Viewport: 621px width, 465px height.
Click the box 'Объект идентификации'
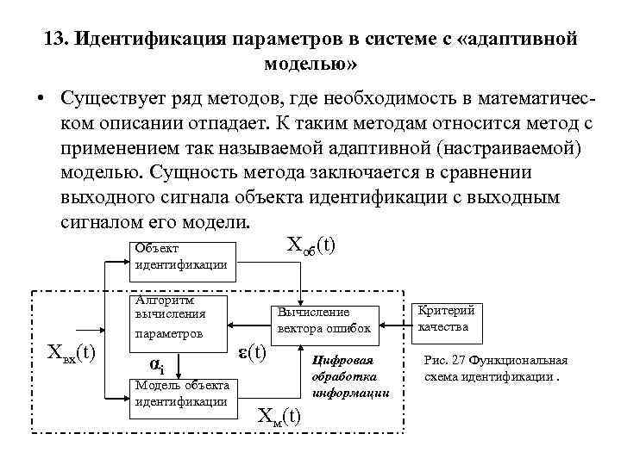click(x=179, y=257)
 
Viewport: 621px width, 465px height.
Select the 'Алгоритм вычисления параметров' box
click(x=179, y=318)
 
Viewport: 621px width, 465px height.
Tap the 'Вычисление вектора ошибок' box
click(x=323, y=320)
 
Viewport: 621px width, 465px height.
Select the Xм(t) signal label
click(x=280, y=417)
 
